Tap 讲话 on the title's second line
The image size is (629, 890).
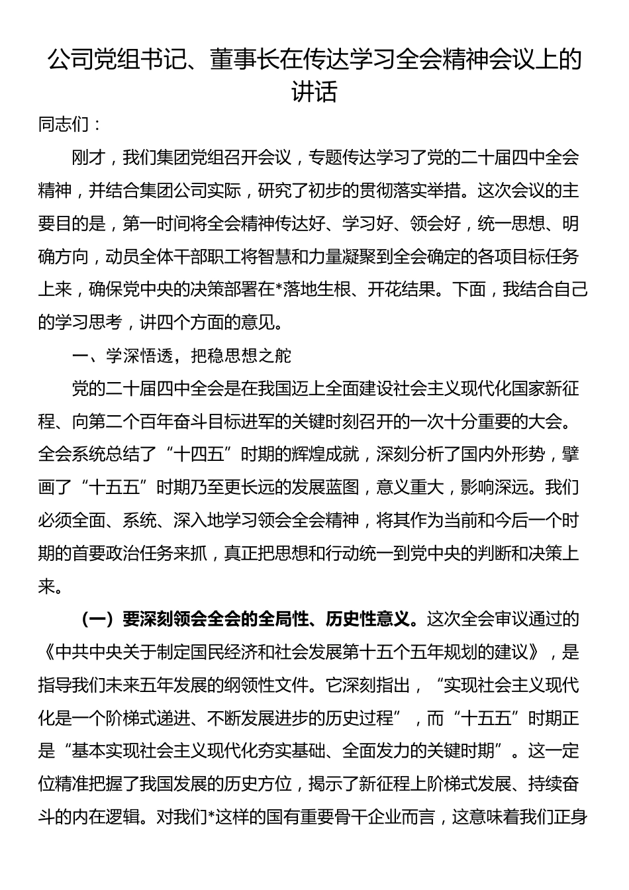(314, 91)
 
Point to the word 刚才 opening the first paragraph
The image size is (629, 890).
(89, 158)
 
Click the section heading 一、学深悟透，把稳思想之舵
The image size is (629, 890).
(182, 356)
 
